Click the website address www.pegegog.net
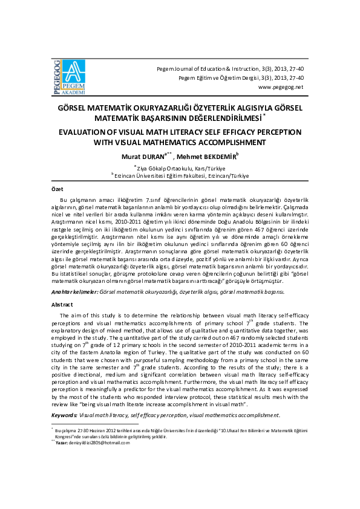[x=281, y=87]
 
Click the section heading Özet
[x=56, y=189]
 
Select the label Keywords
[x=64, y=415]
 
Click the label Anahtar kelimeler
[x=73, y=291]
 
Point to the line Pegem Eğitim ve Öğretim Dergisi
[x=241, y=78]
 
